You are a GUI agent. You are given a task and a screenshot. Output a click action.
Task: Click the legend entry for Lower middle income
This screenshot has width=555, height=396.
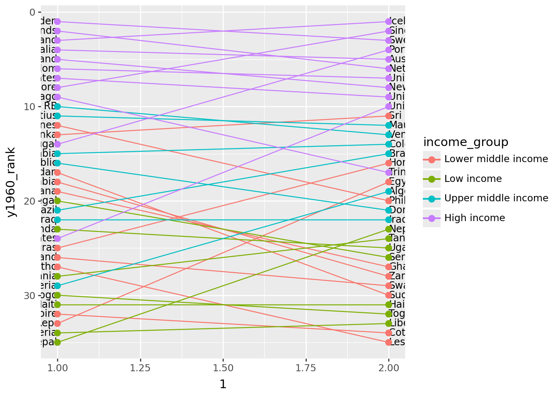496,159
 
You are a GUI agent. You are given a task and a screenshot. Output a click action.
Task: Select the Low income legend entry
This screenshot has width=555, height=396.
473,179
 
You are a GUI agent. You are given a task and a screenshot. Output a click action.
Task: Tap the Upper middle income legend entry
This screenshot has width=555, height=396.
496,198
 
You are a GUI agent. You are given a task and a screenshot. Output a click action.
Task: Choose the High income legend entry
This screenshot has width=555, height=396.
474,218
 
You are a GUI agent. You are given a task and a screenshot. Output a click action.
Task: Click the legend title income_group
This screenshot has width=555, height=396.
466,142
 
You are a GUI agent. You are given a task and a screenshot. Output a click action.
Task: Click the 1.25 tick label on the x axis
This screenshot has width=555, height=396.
140,368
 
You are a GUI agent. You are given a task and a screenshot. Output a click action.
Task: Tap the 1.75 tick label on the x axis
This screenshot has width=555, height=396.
306,368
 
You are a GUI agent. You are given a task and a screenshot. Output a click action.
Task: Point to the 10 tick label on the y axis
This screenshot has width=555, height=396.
30,107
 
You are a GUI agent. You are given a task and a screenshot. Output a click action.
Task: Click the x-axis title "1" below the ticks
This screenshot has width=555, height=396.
223,384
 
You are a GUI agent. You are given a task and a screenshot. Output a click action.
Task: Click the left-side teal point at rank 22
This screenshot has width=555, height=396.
57,220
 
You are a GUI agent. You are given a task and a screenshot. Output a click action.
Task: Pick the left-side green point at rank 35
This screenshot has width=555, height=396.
57,342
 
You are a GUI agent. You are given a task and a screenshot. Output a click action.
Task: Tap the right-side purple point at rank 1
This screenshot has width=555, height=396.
389,21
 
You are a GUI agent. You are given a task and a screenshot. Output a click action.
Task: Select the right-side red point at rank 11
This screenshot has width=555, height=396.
389,116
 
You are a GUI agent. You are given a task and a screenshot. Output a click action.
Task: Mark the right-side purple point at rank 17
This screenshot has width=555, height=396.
389,172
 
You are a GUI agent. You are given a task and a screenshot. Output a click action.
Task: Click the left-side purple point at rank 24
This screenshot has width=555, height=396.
57,239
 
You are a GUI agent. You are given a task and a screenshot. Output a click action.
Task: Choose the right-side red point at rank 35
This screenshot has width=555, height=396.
389,342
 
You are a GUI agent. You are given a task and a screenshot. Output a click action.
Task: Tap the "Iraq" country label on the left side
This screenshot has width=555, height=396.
49,220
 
